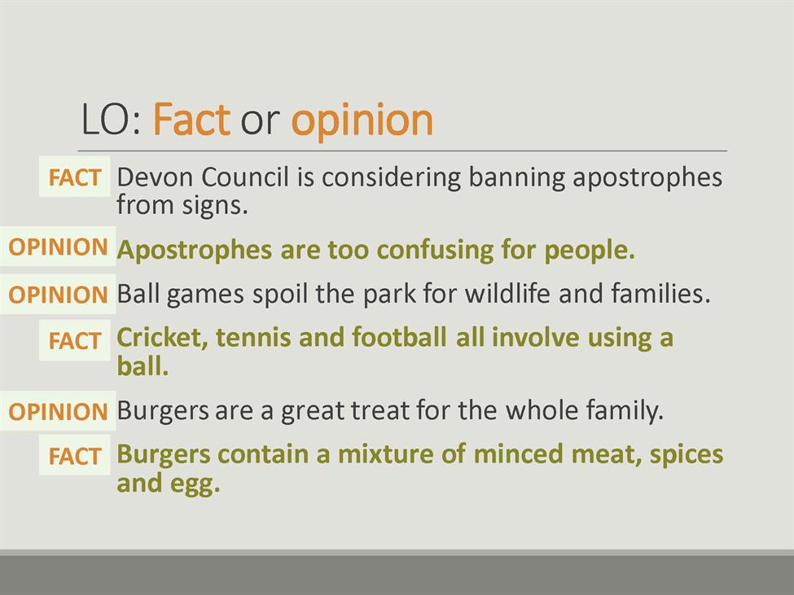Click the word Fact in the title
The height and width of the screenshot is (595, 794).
point(191,120)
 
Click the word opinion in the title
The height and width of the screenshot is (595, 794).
point(362,121)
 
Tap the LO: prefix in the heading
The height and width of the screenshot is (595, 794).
point(112,120)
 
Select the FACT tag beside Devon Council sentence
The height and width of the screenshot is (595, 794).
point(74,177)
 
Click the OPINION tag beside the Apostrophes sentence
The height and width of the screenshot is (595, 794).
point(59,247)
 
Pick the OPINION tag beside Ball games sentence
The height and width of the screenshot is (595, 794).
point(59,295)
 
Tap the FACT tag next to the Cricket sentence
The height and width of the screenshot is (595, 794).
point(74,340)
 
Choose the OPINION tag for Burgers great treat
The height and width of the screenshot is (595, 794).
point(59,411)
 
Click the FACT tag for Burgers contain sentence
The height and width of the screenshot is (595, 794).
point(74,456)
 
